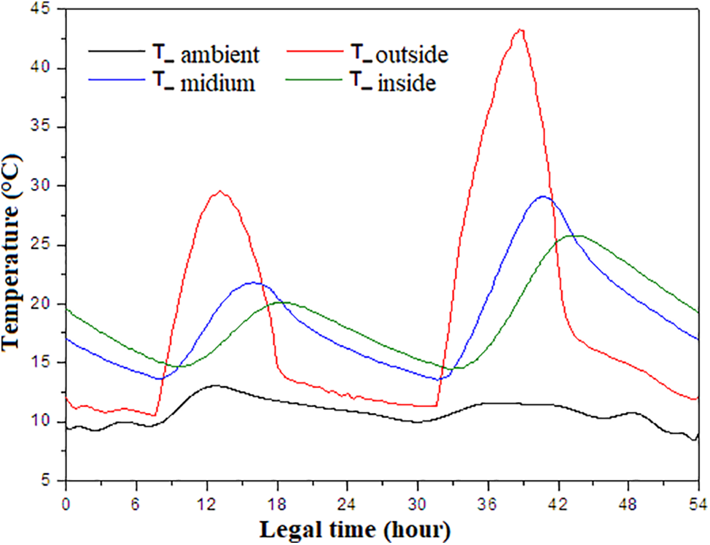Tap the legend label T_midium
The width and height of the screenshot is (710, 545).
(203, 84)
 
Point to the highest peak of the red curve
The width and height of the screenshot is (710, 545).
(520, 30)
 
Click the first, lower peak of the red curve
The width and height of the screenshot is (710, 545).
(219, 192)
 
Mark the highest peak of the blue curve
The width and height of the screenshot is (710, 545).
(543, 196)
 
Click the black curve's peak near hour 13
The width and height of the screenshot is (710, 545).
(216, 385)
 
